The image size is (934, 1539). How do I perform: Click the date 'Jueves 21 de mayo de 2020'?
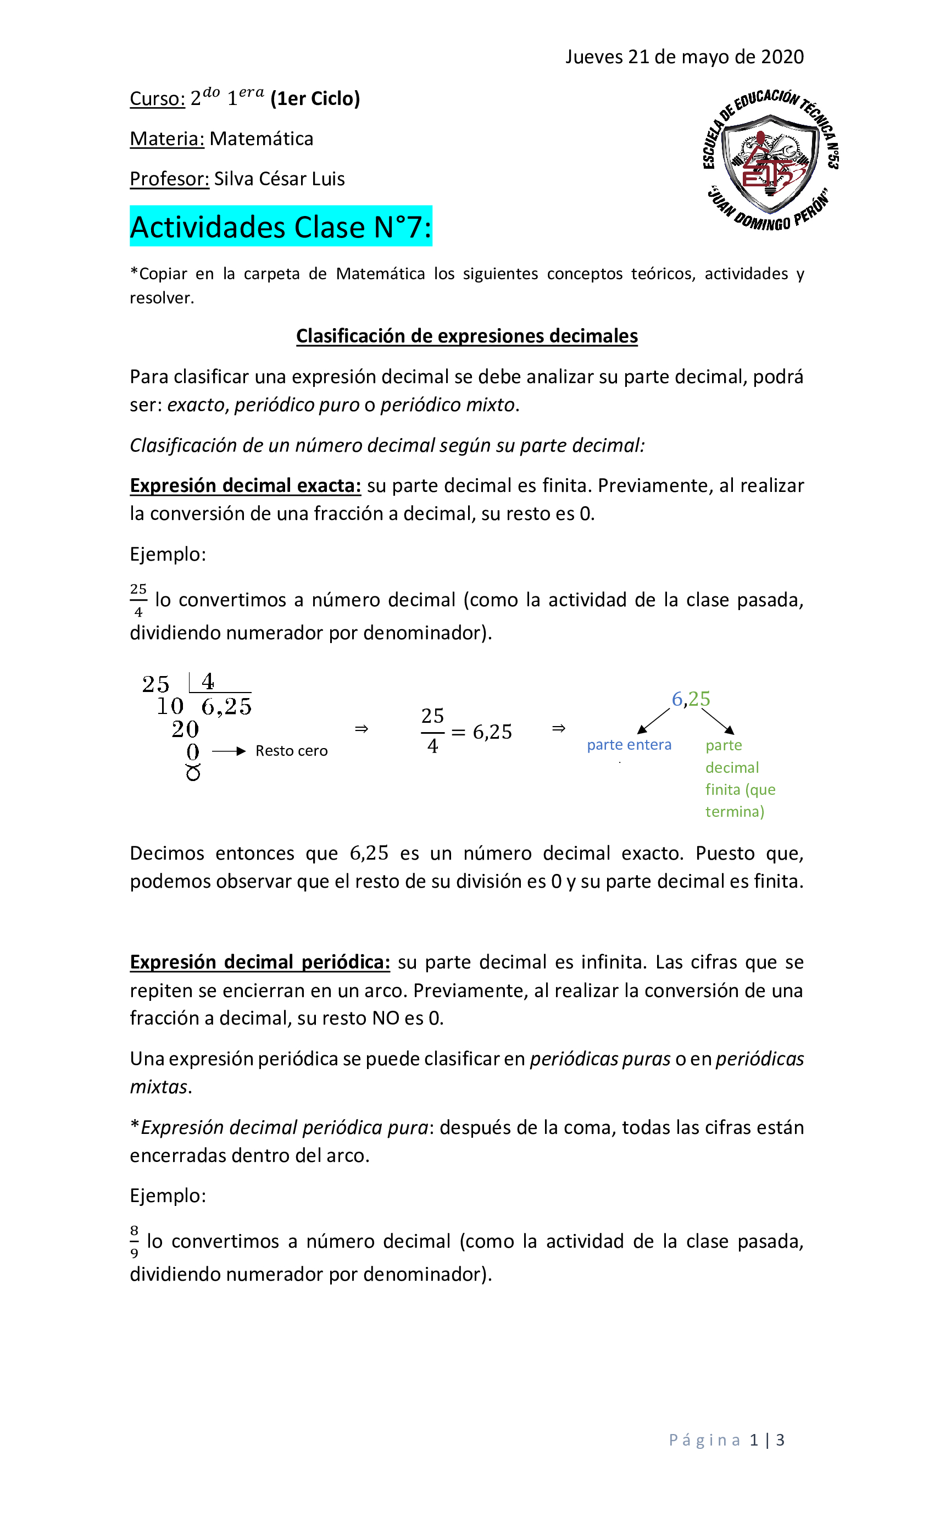(x=684, y=57)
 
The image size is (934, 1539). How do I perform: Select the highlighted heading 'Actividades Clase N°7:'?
(x=280, y=226)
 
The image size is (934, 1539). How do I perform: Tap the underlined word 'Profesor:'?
(x=169, y=179)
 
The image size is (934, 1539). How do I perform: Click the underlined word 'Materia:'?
(x=166, y=139)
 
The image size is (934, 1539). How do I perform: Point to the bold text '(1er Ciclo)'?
(x=315, y=99)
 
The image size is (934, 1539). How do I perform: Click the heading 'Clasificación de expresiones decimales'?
(x=466, y=336)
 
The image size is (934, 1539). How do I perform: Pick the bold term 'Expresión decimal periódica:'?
(x=260, y=962)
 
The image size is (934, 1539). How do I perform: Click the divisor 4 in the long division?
(x=208, y=681)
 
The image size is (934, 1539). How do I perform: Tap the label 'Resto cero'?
(x=291, y=751)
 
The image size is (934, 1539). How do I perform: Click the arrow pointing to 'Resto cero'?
(x=229, y=751)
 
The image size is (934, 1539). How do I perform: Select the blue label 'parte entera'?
(x=629, y=745)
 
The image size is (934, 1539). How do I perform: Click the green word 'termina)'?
(x=734, y=811)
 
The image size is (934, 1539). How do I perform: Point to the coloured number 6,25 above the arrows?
(x=691, y=699)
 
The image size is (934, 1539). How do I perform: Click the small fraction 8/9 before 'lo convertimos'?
(x=134, y=1242)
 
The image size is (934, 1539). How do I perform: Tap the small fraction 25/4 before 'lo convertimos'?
(x=138, y=600)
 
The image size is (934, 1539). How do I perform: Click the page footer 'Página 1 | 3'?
(x=726, y=1440)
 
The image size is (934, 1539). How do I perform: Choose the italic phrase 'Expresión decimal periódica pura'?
(x=285, y=1127)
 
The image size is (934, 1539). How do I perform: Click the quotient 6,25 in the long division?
(x=226, y=706)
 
